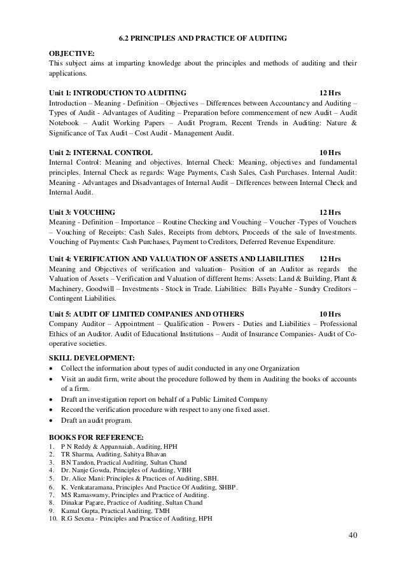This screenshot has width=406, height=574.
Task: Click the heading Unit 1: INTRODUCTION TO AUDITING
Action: pyautogui.click(x=118, y=93)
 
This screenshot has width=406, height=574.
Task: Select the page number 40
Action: pyautogui.click(x=353, y=551)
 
